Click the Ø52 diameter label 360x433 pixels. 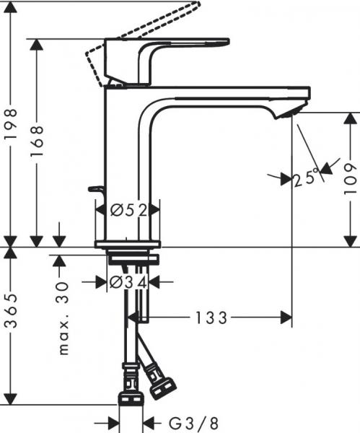128,211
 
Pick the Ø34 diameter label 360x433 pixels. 128,283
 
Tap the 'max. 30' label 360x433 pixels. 63,318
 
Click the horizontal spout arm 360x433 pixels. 231,94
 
